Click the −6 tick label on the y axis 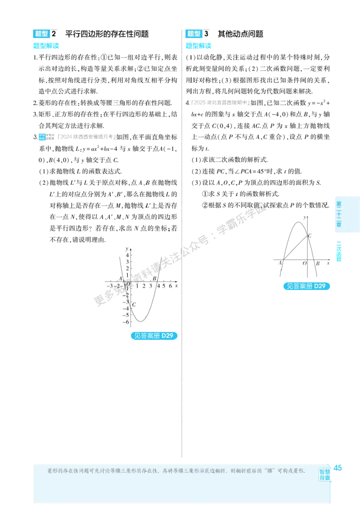click(x=126, y=322)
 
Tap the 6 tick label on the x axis click(x=170, y=286)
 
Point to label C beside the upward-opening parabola click(x=134, y=304)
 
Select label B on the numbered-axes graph click(x=155, y=278)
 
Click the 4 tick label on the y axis click(x=127, y=256)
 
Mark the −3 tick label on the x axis click(x=110, y=286)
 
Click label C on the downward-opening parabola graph click(x=310, y=236)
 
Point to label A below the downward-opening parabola click(x=280, y=263)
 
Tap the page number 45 click(x=337, y=468)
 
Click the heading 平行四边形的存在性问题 click(x=107, y=34)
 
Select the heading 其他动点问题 click(x=240, y=34)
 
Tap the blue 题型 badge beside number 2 click(x=41, y=34)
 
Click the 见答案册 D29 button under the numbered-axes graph click(x=154, y=336)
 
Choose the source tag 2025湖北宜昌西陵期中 click(x=220, y=102)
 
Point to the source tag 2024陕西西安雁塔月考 click(x=86, y=137)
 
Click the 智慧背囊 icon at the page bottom click(x=324, y=475)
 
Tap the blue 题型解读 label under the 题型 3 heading click(x=198, y=46)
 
